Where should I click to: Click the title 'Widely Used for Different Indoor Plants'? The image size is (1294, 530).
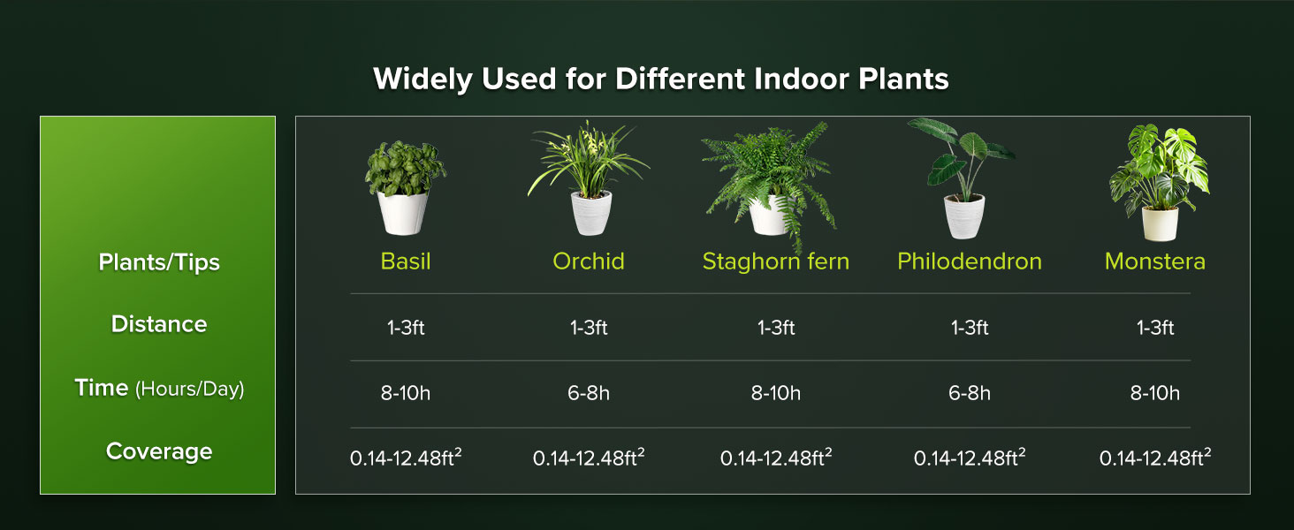[660, 79]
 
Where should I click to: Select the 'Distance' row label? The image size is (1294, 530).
[159, 324]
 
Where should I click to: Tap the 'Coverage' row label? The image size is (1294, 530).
[159, 451]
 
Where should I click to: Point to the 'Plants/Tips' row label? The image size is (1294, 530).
[159, 262]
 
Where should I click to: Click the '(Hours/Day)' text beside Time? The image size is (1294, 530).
[189, 389]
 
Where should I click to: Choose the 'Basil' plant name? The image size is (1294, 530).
[406, 261]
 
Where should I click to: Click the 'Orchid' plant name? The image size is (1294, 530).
[589, 261]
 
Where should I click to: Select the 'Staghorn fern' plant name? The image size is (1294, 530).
[775, 261]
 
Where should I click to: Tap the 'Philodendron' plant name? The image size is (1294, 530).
[970, 261]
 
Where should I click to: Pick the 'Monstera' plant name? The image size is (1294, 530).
[1155, 261]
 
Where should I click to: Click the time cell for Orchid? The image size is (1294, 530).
[589, 393]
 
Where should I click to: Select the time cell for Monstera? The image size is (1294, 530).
[1155, 393]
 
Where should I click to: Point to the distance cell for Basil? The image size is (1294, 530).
[406, 328]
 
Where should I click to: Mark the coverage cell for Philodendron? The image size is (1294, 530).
[970, 458]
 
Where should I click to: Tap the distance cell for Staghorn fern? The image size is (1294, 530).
[776, 328]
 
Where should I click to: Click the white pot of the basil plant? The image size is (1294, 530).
[403, 213]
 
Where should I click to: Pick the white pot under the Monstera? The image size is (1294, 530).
[1160, 223]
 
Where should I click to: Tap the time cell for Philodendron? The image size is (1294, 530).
[970, 393]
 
